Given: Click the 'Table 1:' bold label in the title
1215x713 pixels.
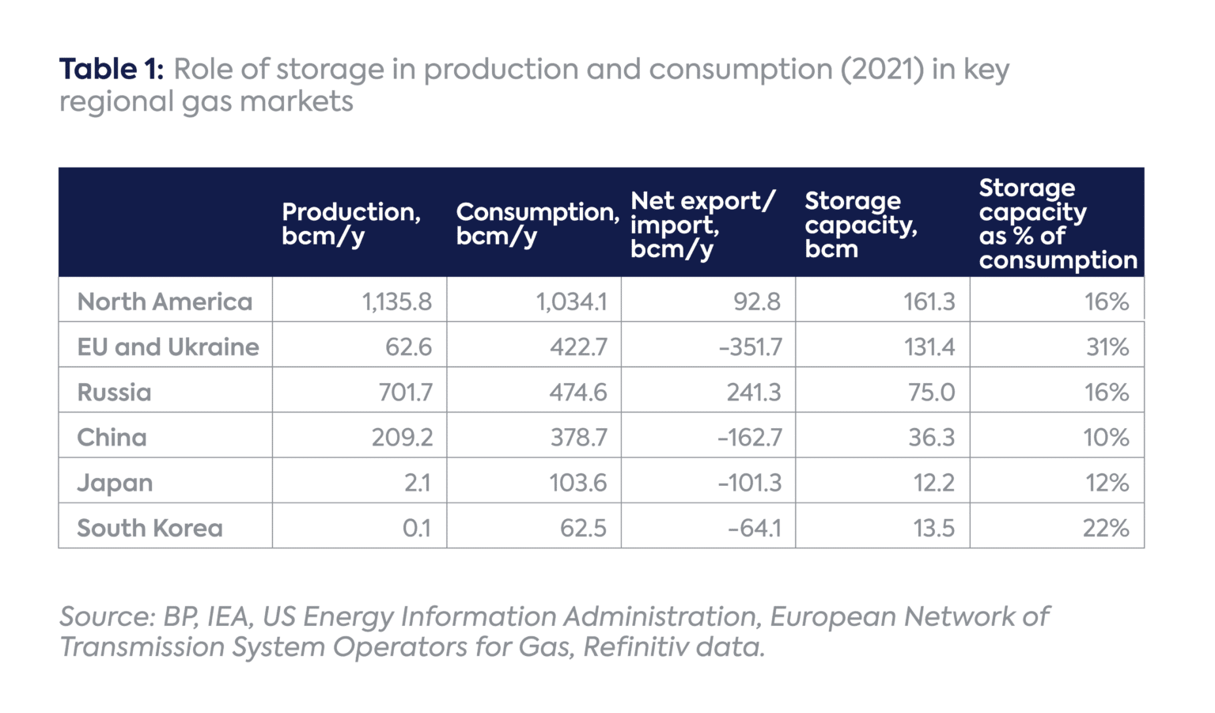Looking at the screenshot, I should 111,70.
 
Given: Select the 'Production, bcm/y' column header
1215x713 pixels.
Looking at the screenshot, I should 351,224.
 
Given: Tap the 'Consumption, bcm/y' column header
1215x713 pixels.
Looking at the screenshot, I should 536,224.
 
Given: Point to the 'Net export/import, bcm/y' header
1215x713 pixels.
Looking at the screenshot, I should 702,225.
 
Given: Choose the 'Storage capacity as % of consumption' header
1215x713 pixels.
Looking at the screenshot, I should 1057,224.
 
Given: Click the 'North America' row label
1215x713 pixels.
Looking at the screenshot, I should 165,302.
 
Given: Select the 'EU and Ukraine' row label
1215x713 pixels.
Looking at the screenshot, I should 168,347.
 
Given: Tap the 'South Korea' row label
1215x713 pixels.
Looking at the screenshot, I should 150,528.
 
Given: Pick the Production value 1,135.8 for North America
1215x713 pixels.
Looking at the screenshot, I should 397,302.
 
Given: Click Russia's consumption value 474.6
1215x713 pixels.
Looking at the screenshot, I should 578,393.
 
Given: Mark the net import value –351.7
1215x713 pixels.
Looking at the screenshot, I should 750,347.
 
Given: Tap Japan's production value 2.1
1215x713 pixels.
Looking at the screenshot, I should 417,483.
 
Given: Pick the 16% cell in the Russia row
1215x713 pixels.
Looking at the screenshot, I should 1106,393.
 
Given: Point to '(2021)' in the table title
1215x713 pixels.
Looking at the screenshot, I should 882,70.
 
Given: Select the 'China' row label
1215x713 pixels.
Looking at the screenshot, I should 112,438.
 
